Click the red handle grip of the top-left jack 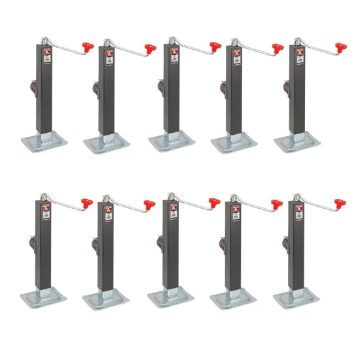click(x=88, y=47)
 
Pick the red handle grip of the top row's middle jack click(x=215, y=47)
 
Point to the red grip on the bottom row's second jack click(x=150, y=204)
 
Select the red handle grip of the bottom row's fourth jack click(x=278, y=202)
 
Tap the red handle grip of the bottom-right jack click(x=340, y=202)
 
